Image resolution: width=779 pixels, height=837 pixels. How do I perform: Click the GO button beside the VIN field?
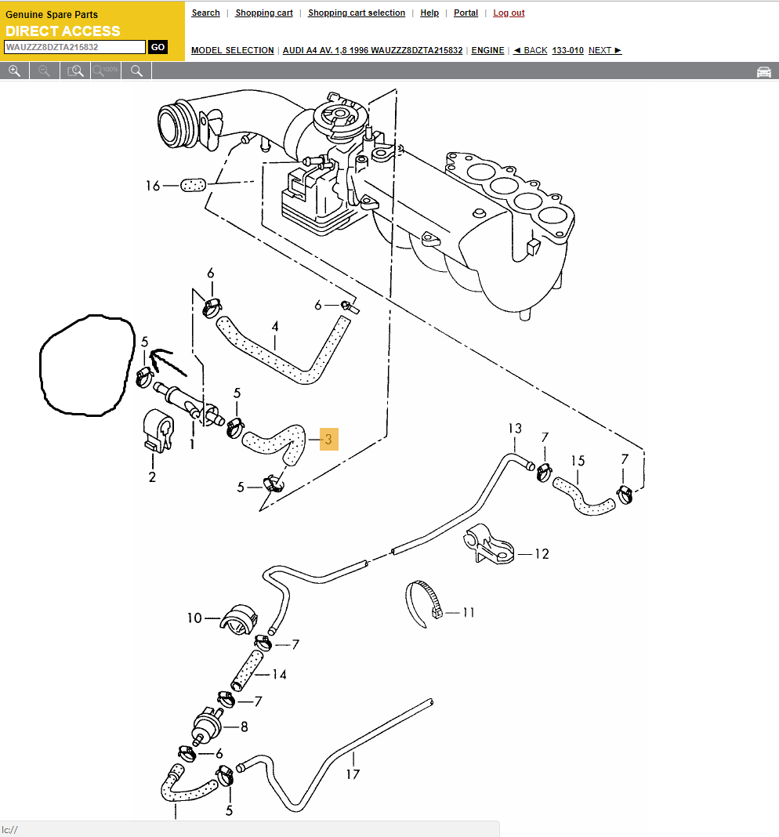pyautogui.click(x=158, y=47)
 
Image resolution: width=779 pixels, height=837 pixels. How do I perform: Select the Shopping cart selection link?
pyautogui.click(x=357, y=13)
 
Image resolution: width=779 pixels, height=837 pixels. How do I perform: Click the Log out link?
pyautogui.click(x=509, y=13)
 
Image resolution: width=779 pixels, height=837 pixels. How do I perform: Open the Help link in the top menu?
pyautogui.click(x=429, y=13)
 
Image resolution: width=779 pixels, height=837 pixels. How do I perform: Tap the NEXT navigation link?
pyautogui.click(x=604, y=50)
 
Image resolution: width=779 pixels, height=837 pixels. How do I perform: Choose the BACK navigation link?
pyautogui.click(x=531, y=50)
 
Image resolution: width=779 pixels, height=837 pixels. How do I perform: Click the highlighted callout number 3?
pyautogui.click(x=328, y=440)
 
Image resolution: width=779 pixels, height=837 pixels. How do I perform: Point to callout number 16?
pyautogui.click(x=152, y=186)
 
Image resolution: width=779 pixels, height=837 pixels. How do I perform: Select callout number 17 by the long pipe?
pyautogui.click(x=353, y=774)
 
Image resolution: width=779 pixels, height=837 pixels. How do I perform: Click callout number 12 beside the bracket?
pyautogui.click(x=542, y=554)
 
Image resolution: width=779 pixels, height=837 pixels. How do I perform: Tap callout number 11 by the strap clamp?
pyautogui.click(x=469, y=612)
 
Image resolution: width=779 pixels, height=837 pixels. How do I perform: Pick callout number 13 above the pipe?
pyautogui.click(x=514, y=429)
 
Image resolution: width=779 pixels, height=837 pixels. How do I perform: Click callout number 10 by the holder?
pyautogui.click(x=194, y=618)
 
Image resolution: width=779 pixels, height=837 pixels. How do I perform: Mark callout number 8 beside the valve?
pyautogui.click(x=244, y=727)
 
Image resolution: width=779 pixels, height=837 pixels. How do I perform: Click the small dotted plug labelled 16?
pyautogui.click(x=193, y=185)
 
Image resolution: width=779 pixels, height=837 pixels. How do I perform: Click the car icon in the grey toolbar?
pyautogui.click(x=763, y=71)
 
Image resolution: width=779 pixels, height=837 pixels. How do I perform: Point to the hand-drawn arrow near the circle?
pyautogui.click(x=165, y=361)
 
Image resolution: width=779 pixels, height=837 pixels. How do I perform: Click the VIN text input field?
pyautogui.click(x=74, y=47)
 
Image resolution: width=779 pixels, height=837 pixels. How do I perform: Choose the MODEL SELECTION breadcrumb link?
pyautogui.click(x=233, y=50)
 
